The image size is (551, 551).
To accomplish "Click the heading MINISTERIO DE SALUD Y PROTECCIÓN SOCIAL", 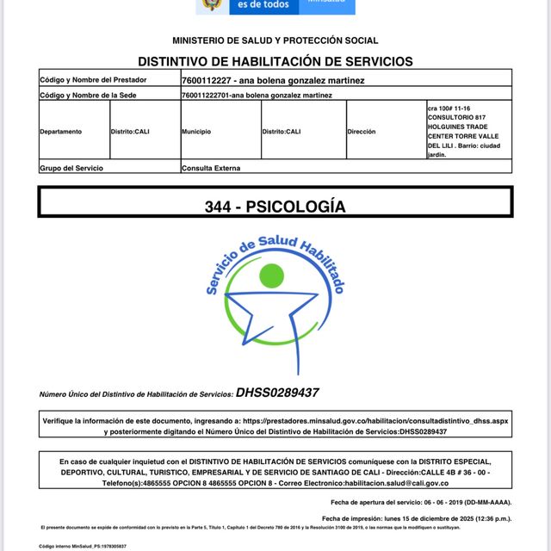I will point(275,40).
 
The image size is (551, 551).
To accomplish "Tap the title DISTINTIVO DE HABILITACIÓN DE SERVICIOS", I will point(275,61).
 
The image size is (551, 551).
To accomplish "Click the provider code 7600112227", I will point(207,80).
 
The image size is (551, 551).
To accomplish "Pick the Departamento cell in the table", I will point(61,132).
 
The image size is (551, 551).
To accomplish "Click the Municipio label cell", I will point(196,132).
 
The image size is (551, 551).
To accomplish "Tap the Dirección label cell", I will point(362,132).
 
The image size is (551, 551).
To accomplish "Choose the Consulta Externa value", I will point(211,168).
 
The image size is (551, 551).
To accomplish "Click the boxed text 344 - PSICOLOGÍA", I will point(275,207).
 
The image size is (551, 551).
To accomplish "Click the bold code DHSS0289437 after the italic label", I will point(277,393).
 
